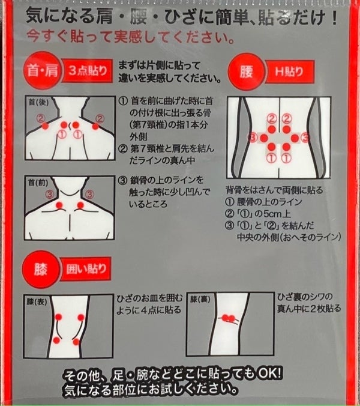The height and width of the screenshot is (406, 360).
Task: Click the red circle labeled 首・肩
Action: point(43,71)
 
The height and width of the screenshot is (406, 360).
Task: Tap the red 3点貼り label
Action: point(87,71)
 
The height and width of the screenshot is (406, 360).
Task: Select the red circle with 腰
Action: point(246,71)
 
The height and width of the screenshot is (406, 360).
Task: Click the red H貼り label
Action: point(290,71)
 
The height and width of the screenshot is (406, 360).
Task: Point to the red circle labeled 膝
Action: point(41,270)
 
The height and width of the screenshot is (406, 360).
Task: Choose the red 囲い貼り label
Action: point(86,269)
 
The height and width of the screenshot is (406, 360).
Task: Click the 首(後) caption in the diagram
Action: point(38,102)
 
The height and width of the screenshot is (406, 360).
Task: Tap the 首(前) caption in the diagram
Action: point(38,183)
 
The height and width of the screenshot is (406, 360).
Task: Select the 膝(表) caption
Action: point(37,301)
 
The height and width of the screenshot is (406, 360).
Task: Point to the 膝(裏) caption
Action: point(200,299)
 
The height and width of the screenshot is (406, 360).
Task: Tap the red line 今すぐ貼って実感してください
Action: point(130,37)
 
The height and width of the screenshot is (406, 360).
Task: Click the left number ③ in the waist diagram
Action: point(253,138)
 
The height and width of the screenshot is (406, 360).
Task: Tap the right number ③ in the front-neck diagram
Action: point(89,194)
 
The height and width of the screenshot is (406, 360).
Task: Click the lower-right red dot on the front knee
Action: point(76,342)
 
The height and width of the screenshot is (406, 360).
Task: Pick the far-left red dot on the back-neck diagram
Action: point(46,126)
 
